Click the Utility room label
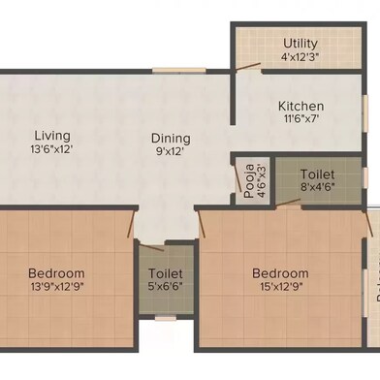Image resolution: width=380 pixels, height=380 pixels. pyautogui.click(x=301, y=44)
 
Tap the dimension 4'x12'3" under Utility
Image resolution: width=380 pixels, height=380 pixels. pyautogui.click(x=301, y=57)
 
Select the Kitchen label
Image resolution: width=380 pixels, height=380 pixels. pyautogui.click(x=301, y=107)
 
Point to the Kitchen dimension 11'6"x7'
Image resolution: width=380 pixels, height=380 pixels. pyautogui.click(x=301, y=121)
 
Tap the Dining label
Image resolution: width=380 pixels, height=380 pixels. pyautogui.click(x=170, y=139)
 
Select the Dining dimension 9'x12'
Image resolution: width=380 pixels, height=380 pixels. pyautogui.click(x=170, y=153)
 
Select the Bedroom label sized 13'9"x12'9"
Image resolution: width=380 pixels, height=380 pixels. pyautogui.click(x=56, y=273)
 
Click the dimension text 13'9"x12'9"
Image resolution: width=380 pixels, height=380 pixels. pyautogui.click(x=56, y=289)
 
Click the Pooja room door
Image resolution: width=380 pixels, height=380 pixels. pyautogui.click(x=237, y=180)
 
